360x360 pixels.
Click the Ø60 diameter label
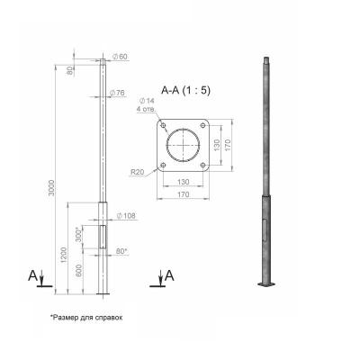[x=120, y=57]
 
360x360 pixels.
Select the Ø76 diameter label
[x=117, y=93]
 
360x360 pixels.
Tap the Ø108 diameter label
[x=126, y=216]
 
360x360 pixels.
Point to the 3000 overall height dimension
[x=51, y=188]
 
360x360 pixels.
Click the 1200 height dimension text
[x=64, y=256]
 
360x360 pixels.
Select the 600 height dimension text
[x=78, y=272]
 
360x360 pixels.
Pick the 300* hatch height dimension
[x=78, y=235]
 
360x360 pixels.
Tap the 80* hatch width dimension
[x=121, y=251]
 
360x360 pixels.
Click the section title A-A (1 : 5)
[x=186, y=90]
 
